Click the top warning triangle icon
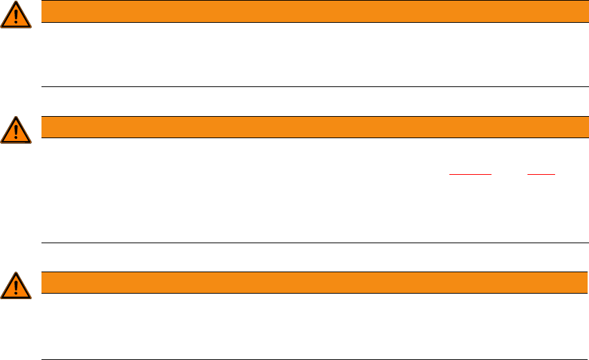[16, 15]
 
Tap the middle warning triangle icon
[16, 131]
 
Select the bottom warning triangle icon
[16, 285]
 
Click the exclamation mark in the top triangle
[16, 17]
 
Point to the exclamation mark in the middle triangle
[16, 132]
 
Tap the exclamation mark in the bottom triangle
[16, 287]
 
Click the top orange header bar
[310, 12]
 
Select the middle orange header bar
[310, 127]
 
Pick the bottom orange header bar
[310, 283]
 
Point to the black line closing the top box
[310, 86]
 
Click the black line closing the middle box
[310, 243]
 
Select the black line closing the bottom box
[310, 359]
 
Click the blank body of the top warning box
[310, 55]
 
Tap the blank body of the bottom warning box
[310, 326]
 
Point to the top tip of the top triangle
[16, 2]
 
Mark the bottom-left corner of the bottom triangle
[2, 298]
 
